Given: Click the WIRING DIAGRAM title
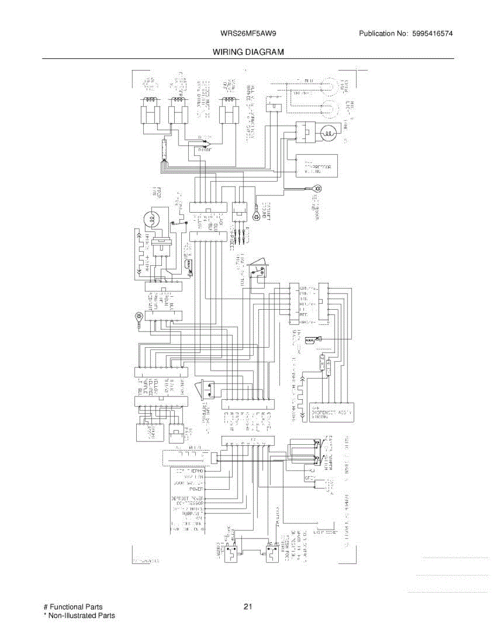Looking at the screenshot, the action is (248, 52).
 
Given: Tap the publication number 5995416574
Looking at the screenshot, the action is (433, 34).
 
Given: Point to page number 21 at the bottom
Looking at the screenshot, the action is (248, 607).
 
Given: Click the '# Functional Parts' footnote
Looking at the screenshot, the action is (73, 607).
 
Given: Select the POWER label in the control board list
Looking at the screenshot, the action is (195, 489).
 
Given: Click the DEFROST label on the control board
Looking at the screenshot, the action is (187, 498).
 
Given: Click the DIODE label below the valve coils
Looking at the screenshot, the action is (204, 151).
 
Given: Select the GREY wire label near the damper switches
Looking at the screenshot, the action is (309, 477).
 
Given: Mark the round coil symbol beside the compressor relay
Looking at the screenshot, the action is (328, 131).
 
